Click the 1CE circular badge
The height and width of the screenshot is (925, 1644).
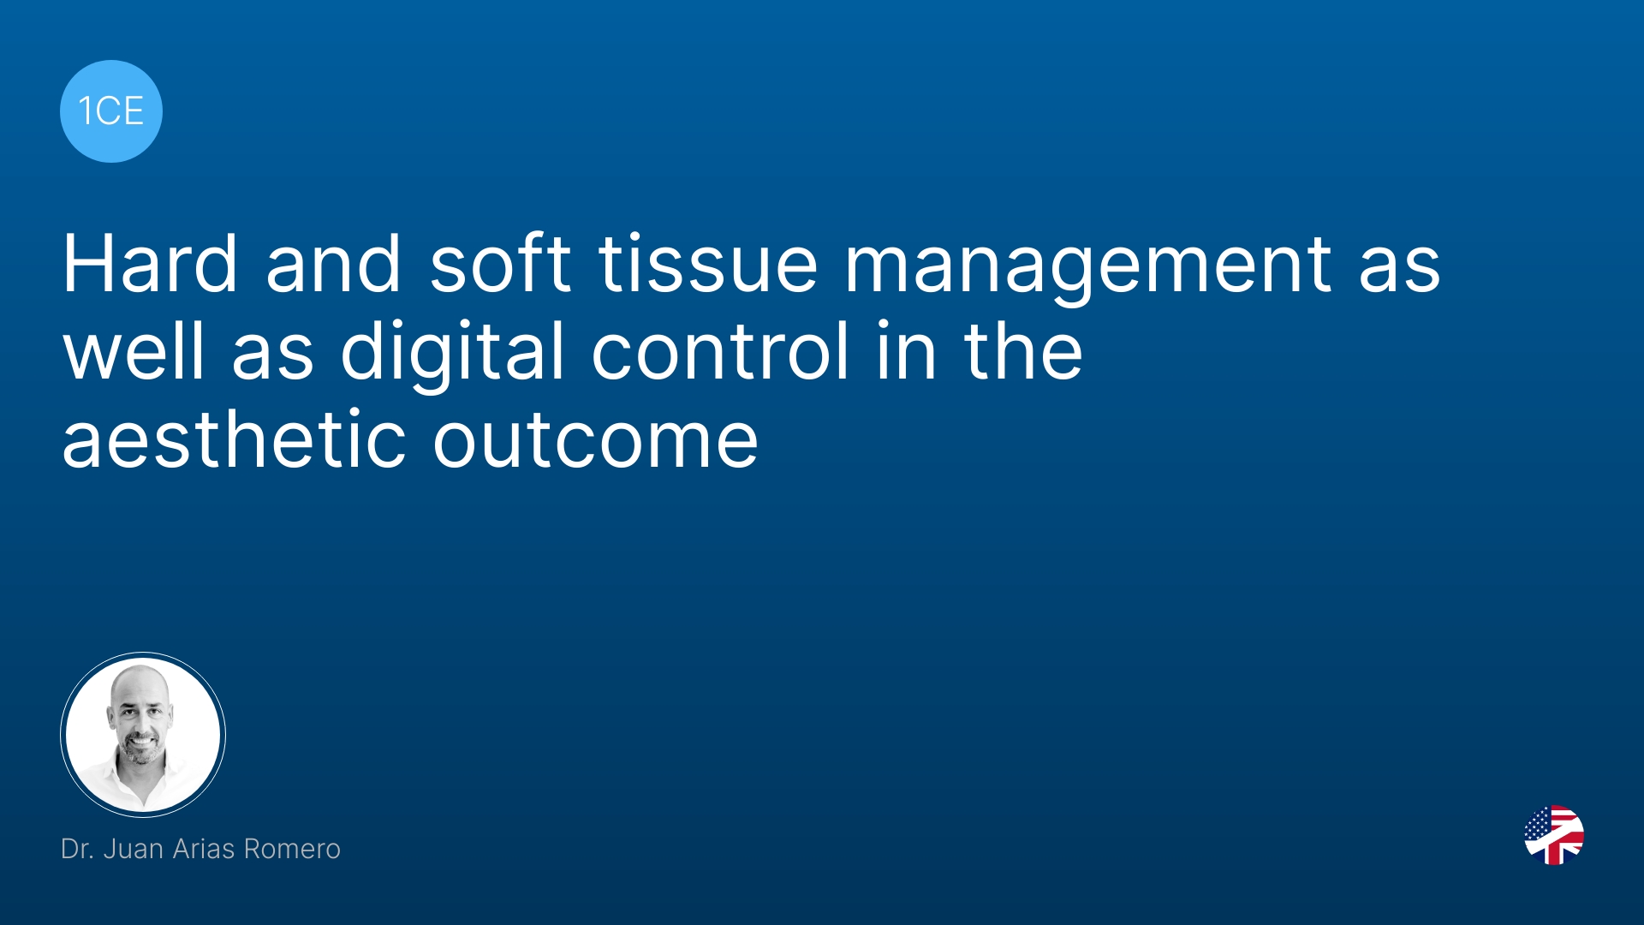tap(111, 111)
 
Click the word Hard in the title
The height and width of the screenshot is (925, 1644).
tap(150, 264)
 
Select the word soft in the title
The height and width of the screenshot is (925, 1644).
tap(500, 264)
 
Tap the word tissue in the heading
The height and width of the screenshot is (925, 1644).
tap(708, 264)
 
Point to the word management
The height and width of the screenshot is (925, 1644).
tap(1087, 269)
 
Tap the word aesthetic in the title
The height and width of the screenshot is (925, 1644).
tap(234, 439)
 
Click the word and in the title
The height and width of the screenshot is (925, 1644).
tap(333, 264)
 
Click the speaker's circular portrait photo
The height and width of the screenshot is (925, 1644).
tap(143, 735)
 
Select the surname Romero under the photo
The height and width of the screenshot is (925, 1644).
tap(292, 849)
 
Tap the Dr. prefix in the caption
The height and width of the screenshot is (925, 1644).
tap(77, 849)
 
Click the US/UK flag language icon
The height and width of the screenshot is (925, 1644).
tap(1554, 835)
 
